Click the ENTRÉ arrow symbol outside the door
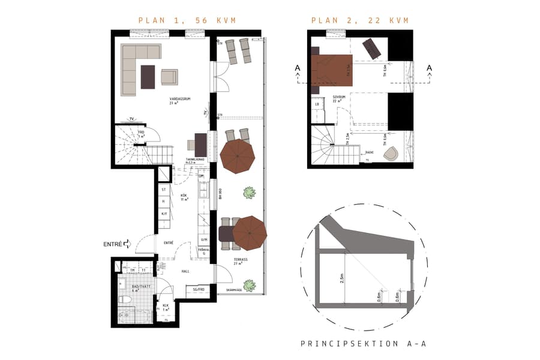(x=127, y=244)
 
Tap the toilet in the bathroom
(x=124, y=299)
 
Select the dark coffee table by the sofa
(x=148, y=76)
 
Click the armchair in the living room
(x=169, y=76)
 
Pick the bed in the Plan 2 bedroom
(x=332, y=70)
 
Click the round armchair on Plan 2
(x=391, y=153)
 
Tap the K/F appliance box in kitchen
(x=164, y=214)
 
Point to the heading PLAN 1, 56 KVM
(x=187, y=20)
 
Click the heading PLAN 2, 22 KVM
(x=360, y=20)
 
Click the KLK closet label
(x=166, y=307)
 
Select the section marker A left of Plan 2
(x=298, y=68)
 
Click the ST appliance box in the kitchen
(x=164, y=190)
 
